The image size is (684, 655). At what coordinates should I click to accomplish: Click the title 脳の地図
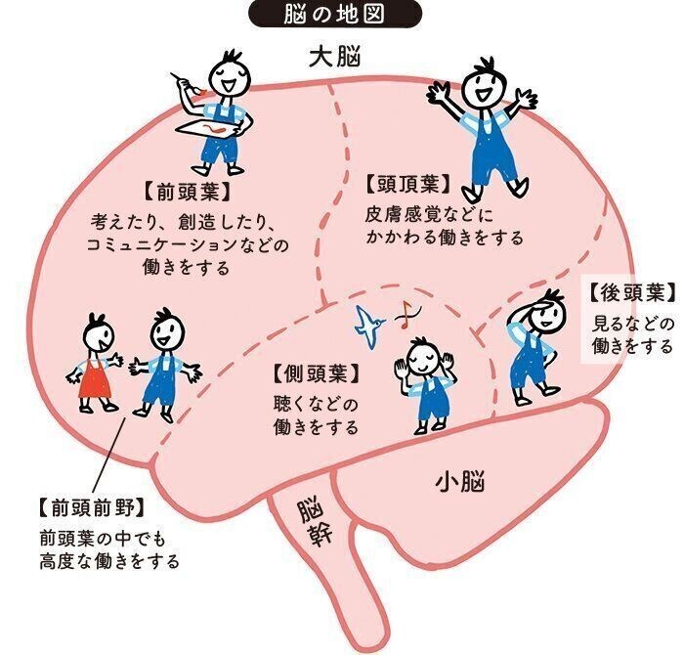(334, 14)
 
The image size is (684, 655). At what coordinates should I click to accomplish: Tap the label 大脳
(335, 58)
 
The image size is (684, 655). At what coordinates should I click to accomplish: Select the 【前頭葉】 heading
(187, 192)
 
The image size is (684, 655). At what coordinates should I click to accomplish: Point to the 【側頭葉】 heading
(317, 373)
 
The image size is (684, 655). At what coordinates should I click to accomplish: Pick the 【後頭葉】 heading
(632, 293)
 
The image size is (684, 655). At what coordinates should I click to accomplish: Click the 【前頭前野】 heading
(92, 508)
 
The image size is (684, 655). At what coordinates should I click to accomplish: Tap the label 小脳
(460, 483)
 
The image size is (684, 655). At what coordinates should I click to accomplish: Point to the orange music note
(407, 314)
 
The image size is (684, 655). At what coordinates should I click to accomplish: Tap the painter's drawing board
(208, 128)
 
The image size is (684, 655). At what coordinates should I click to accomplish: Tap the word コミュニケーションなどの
(188, 244)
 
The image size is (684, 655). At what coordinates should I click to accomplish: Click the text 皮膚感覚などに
(429, 215)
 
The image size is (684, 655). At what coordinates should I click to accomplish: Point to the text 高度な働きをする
(109, 561)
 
